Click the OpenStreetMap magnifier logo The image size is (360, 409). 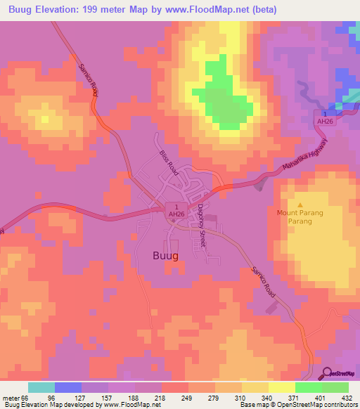[326, 373]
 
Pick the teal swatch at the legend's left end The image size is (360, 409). [41, 387]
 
